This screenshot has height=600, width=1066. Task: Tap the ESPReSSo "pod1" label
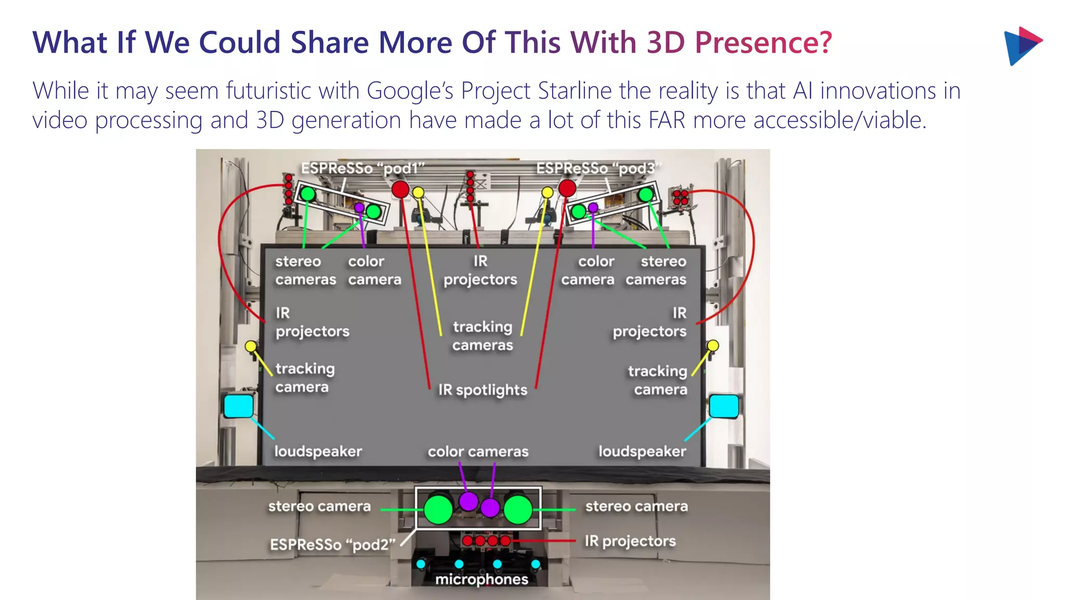[x=363, y=168]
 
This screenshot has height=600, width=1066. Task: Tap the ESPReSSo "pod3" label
[x=599, y=168]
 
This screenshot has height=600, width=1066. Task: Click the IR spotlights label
[x=483, y=390]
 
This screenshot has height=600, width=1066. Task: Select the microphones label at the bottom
[x=481, y=579]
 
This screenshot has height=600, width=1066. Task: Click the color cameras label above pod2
[x=478, y=452]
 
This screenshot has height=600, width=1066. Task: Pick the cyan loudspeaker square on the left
[x=238, y=406]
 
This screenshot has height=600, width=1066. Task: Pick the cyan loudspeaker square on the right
[x=724, y=406]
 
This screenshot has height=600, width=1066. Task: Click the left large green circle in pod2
[x=438, y=509]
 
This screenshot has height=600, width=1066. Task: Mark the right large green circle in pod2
[x=518, y=509]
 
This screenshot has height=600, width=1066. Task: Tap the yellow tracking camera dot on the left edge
[x=251, y=346]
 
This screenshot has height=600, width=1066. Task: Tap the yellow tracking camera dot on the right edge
[x=713, y=345]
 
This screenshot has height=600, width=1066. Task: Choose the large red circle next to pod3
[x=567, y=188]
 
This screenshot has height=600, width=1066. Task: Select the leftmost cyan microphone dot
[x=421, y=564]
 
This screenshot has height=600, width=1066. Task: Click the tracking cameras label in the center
[x=483, y=336]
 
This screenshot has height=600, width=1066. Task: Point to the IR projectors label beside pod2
[x=630, y=541]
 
